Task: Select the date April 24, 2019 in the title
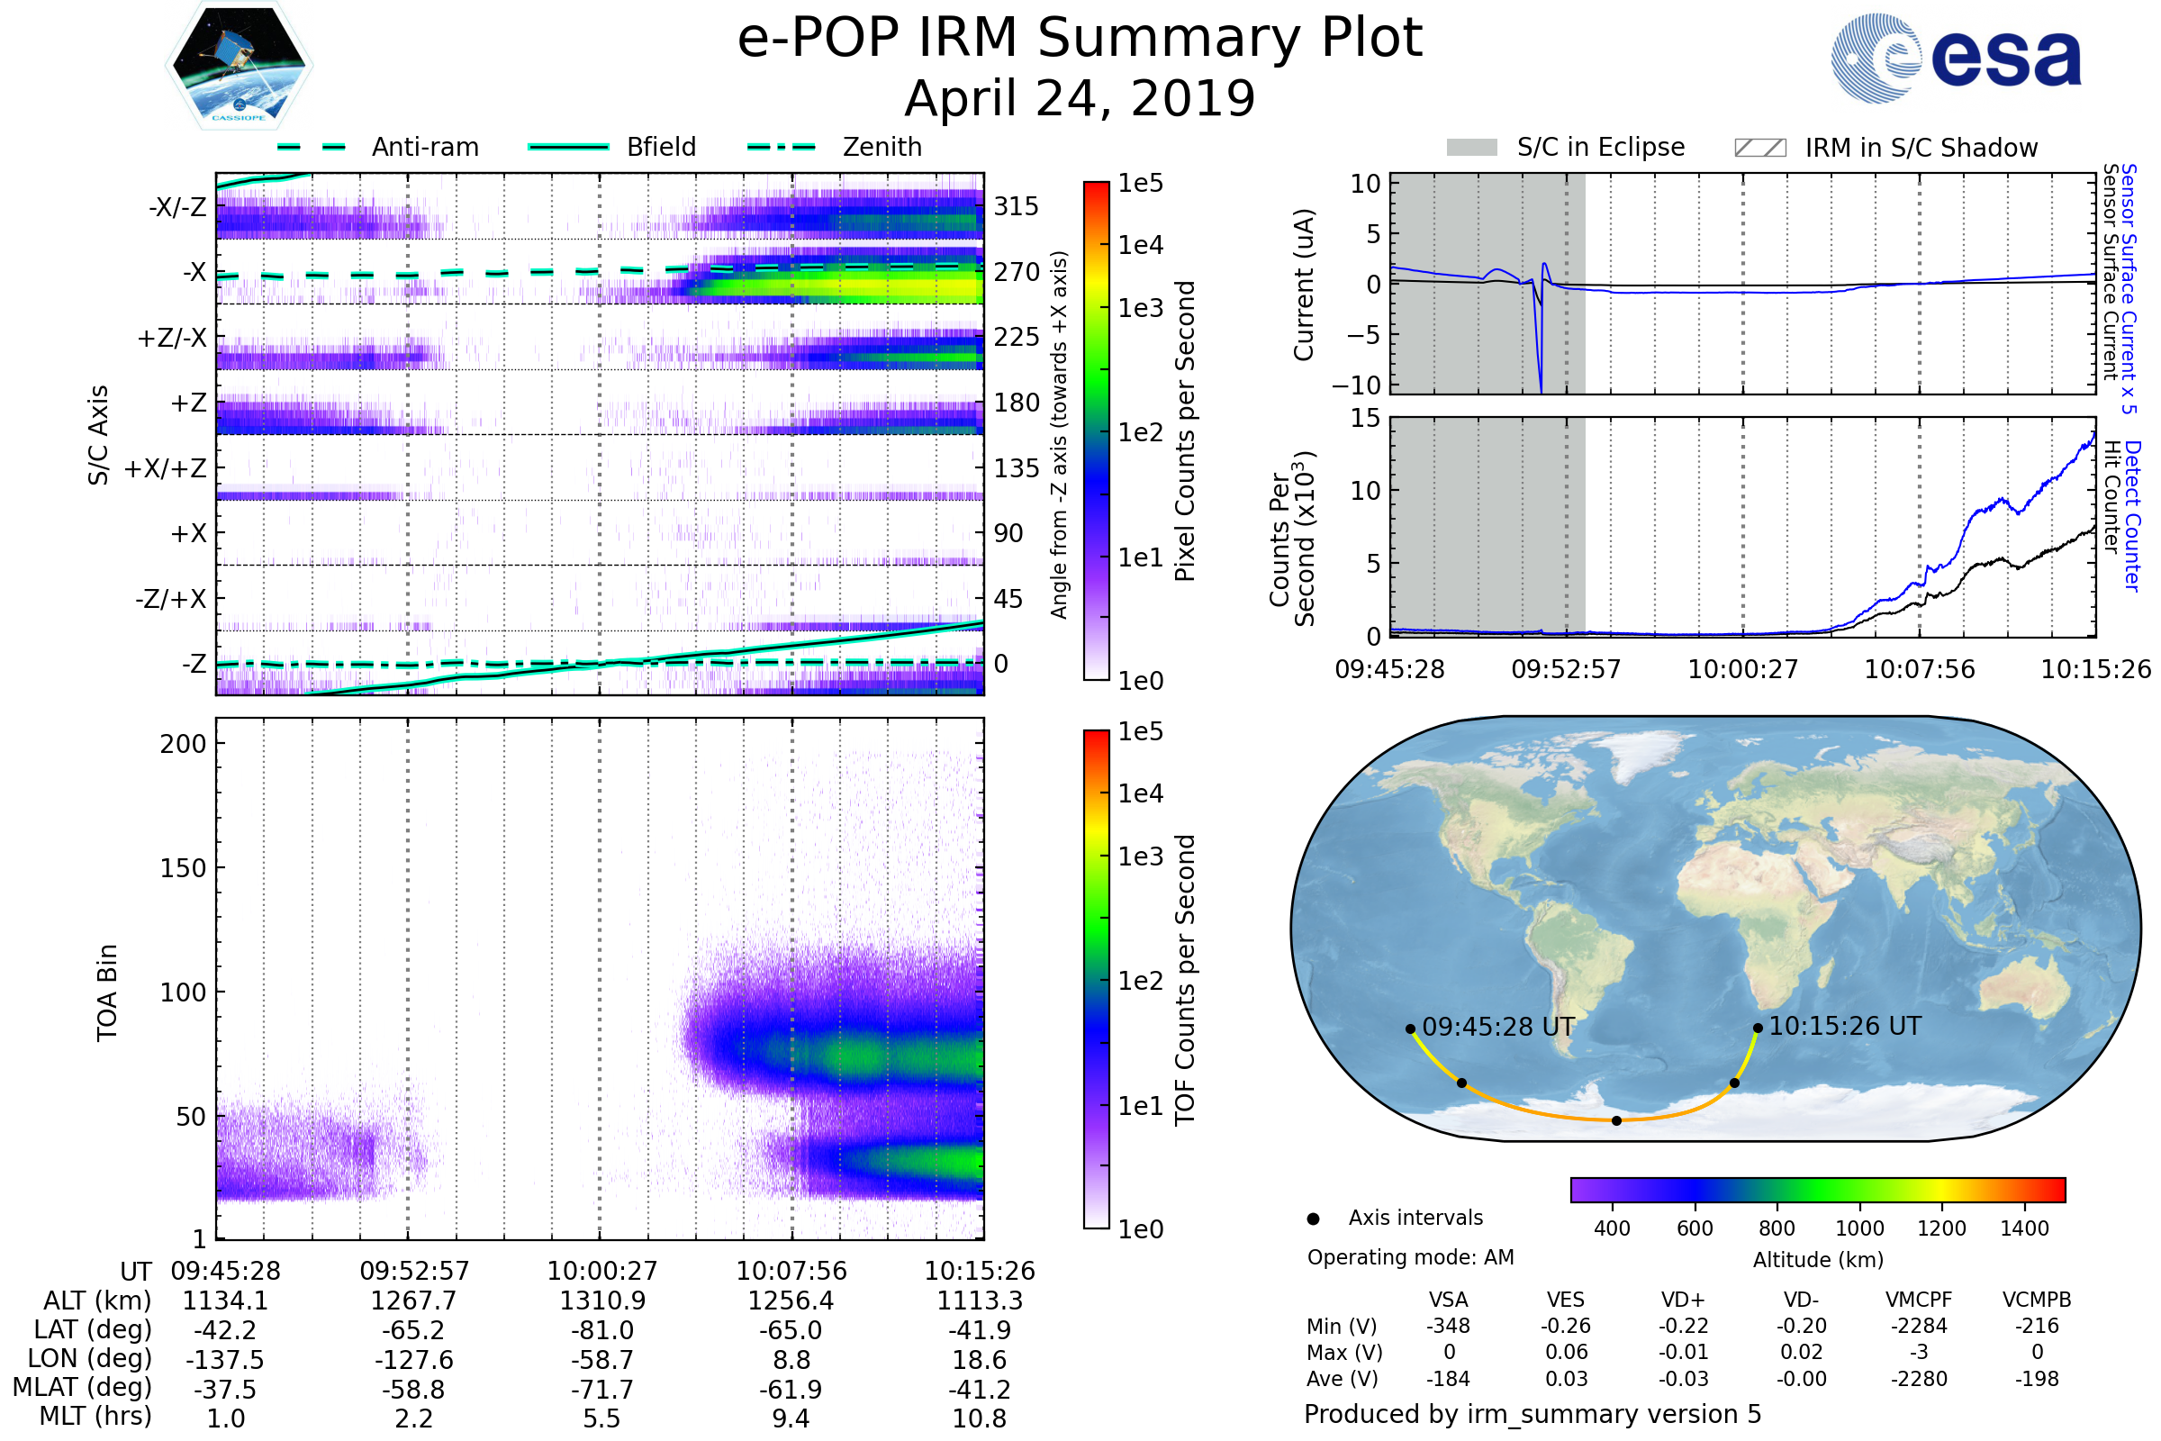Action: point(1080,99)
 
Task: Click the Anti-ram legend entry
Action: point(424,147)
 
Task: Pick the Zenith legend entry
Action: point(882,147)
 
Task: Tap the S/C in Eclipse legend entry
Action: point(1600,147)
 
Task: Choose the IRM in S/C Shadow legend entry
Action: point(1921,148)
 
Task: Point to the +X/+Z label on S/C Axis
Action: point(166,468)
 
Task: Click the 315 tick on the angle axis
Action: point(1016,206)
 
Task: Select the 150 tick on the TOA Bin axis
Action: point(183,868)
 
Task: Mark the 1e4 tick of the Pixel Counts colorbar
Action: point(1140,245)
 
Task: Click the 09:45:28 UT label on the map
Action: point(1497,1027)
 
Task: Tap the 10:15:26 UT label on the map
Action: point(1844,1026)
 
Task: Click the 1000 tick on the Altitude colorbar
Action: point(1858,1228)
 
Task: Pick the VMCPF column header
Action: point(1919,1300)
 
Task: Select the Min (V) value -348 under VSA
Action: point(1448,1326)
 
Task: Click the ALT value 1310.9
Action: point(601,1301)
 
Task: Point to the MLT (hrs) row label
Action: point(95,1416)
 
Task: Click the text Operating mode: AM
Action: point(1410,1257)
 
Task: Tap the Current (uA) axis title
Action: point(1305,285)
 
